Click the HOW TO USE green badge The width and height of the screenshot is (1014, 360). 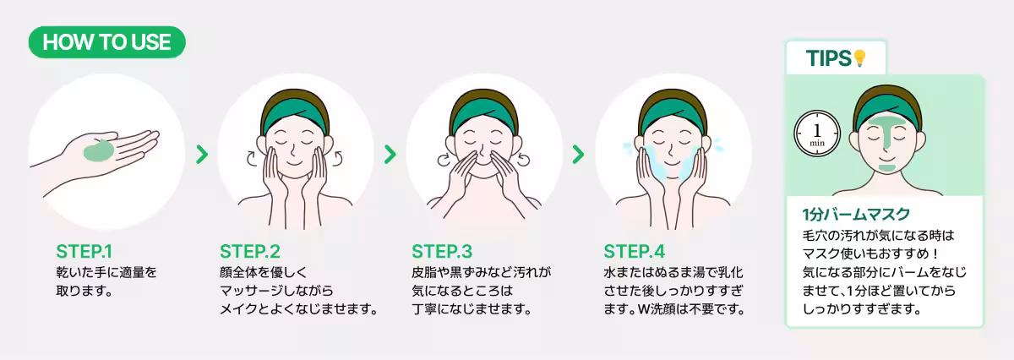(106, 41)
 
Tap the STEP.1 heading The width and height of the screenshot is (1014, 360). (84, 252)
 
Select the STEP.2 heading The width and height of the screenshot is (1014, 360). (249, 252)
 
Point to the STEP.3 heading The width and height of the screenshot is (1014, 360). (442, 252)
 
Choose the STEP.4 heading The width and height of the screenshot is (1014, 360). (635, 252)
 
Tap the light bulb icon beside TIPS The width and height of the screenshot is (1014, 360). (860, 58)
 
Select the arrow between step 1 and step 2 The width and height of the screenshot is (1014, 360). (202, 155)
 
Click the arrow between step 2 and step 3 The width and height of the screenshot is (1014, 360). (390, 155)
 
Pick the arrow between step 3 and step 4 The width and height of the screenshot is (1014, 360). (578, 155)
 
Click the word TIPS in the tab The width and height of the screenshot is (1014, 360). (828, 58)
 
